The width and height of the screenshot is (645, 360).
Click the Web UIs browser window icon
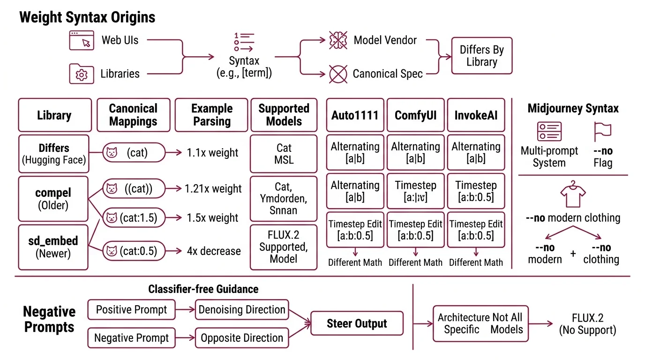click(82, 40)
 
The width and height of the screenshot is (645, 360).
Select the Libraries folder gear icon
click(82, 74)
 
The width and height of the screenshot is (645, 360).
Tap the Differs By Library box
click(481, 56)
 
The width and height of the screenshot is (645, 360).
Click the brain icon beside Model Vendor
click(337, 40)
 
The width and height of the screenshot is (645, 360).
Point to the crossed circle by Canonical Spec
click(337, 74)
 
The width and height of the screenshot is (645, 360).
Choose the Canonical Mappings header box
click(133, 115)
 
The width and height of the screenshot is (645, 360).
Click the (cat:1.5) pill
click(134, 217)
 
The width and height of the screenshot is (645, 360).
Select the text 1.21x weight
click(213, 189)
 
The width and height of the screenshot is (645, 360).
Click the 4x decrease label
click(214, 251)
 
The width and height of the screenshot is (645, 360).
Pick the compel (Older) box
click(53, 199)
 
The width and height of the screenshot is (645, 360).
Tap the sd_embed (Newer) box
click(53, 247)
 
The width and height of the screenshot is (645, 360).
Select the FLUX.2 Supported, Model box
click(284, 247)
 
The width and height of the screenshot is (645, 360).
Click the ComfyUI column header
click(415, 115)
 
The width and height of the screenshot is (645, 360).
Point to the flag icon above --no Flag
click(602, 132)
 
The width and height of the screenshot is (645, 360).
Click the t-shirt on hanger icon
click(572, 195)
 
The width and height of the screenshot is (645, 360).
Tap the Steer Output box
click(357, 323)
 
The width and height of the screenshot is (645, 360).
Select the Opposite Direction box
click(242, 337)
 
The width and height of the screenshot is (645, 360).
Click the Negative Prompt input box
click(131, 337)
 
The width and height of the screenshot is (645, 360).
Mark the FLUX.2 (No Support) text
click(587, 324)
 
